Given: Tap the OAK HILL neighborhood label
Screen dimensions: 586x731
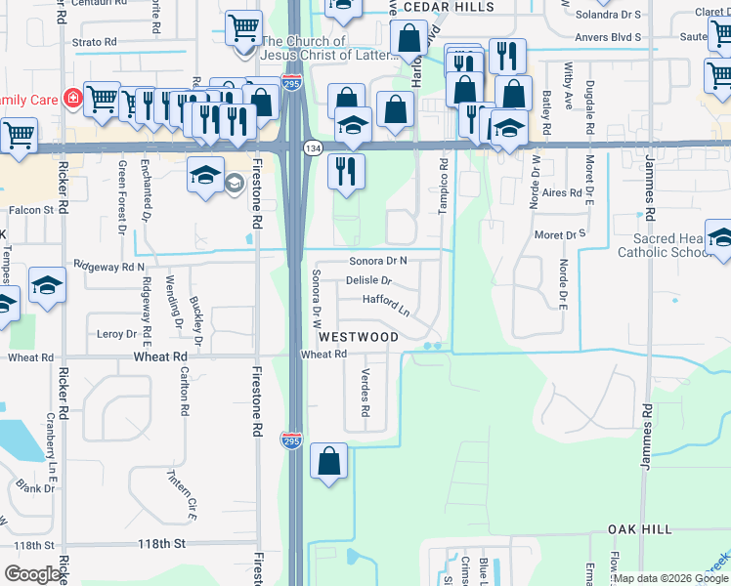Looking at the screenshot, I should point(640,528).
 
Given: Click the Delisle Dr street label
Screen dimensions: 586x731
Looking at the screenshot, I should point(368,281).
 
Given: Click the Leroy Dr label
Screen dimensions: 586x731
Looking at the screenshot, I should point(116,334).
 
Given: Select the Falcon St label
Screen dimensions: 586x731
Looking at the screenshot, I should point(32,210).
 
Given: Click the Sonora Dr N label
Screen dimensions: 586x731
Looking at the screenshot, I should point(378,261).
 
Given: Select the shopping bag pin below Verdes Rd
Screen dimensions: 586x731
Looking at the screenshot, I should point(329,461).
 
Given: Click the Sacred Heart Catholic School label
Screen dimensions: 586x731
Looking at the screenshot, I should point(665,246).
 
